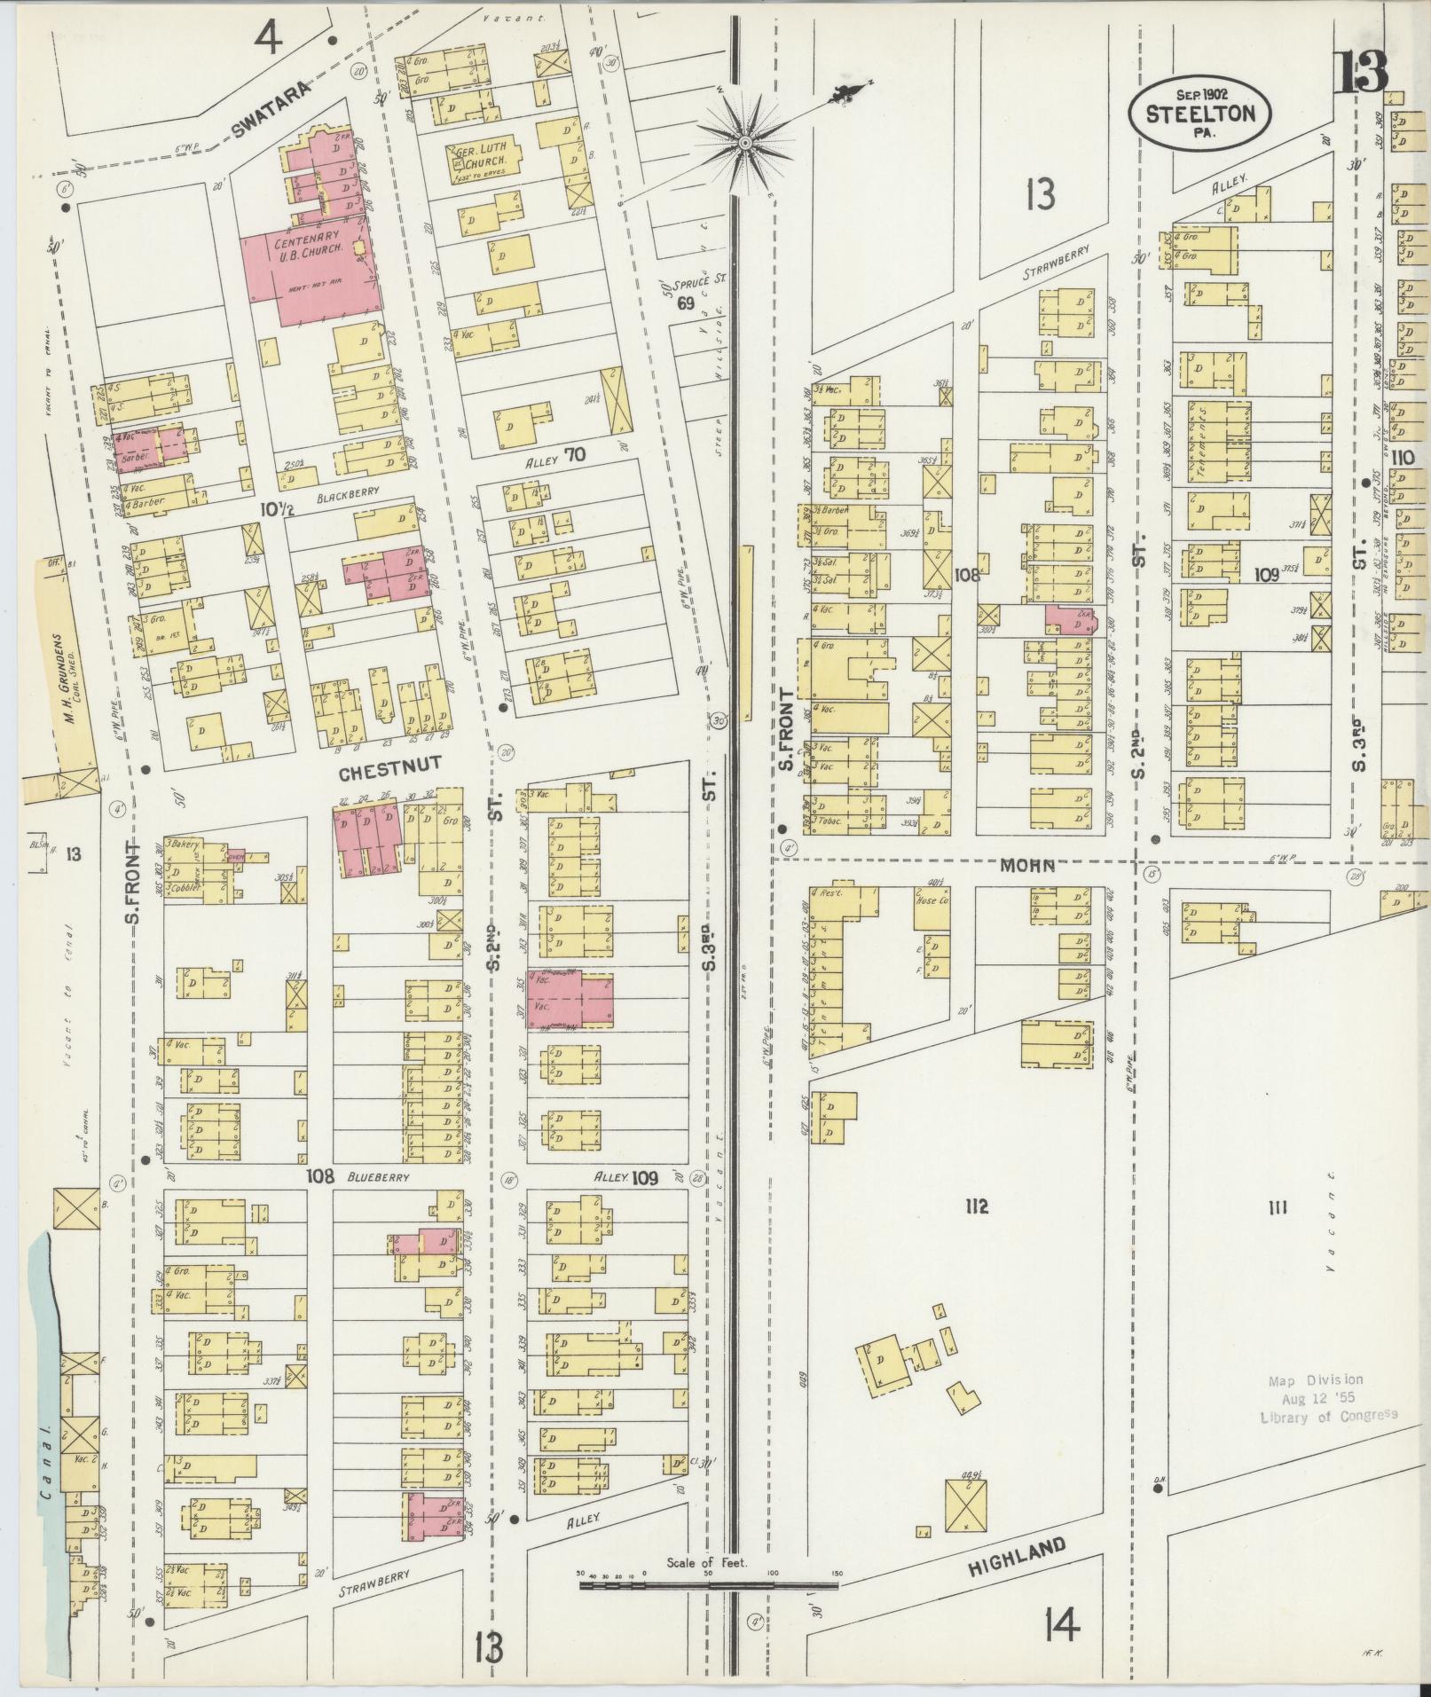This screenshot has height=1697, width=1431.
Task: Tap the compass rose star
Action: tap(745, 142)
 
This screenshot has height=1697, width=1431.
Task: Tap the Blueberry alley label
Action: tap(377, 1177)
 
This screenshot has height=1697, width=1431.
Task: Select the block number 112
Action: tap(977, 1206)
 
